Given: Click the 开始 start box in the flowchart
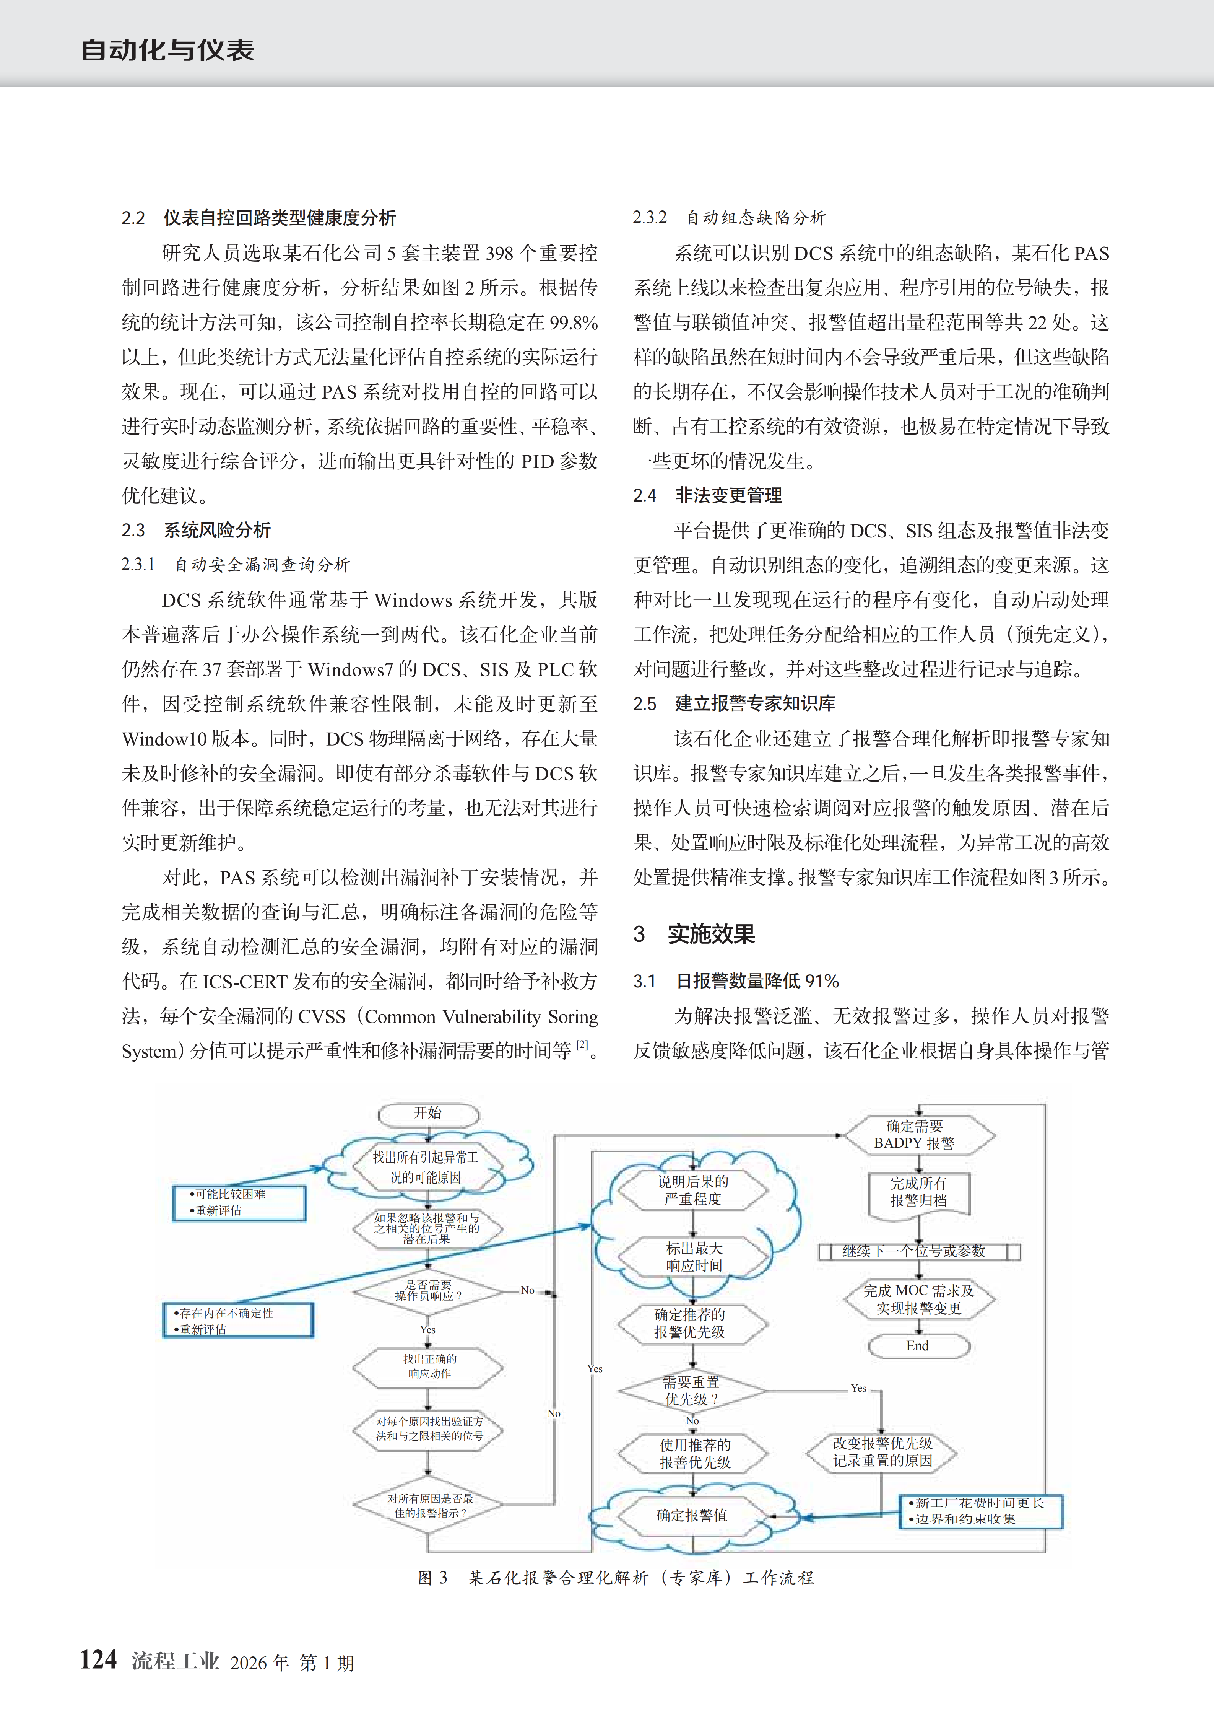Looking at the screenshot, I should [428, 1114].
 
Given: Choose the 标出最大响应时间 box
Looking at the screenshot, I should [694, 1257].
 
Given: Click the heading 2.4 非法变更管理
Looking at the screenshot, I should [708, 495].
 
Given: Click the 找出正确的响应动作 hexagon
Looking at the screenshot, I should [429, 1366].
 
